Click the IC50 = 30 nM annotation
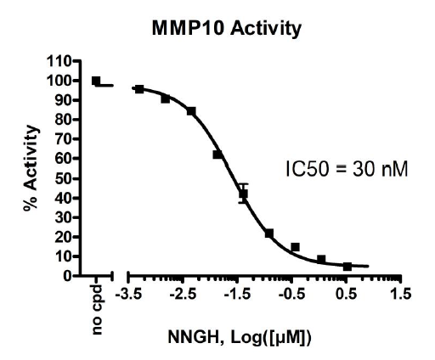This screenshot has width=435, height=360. coord(347,169)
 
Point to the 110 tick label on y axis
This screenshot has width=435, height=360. coord(59,62)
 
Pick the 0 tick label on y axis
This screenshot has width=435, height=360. coord(66,276)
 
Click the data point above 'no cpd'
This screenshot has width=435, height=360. coord(96,82)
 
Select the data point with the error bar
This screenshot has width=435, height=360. coord(243,194)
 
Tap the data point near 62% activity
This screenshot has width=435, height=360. coord(217,155)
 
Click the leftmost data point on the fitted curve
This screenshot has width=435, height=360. coord(139,89)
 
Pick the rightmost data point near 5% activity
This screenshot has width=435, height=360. coord(347,267)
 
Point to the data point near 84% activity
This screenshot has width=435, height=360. coord(191,111)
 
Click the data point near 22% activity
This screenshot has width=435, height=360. coord(269,233)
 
